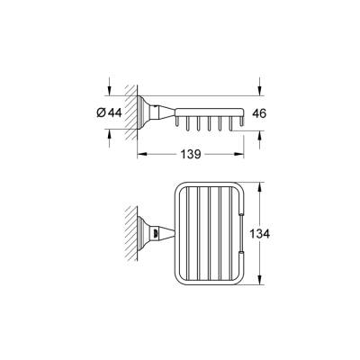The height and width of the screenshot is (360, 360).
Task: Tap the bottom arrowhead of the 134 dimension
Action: coord(260,282)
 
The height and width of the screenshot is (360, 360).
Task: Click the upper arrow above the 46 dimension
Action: coord(260,93)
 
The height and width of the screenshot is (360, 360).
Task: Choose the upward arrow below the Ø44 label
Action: coord(109,133)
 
